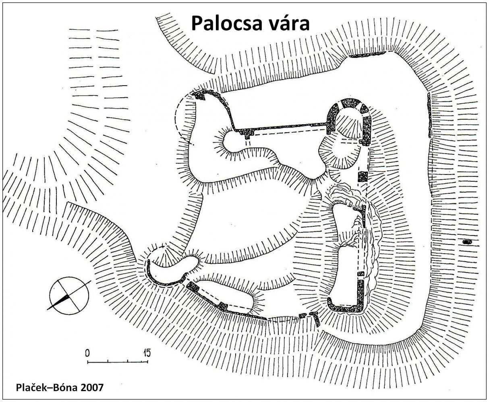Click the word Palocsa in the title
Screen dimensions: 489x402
[x=226, y=23]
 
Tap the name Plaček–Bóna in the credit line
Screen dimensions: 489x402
[x=47, y=388]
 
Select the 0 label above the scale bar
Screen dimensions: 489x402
[x=87, y=353]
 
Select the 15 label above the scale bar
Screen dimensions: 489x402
[x=147, y=353]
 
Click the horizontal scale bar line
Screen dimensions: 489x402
[x=118, y=362]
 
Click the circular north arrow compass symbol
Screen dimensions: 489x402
[x=69, y=295]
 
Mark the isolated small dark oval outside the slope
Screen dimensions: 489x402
[x=467, y=242]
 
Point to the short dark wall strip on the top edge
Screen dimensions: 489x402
[x=367, y=55]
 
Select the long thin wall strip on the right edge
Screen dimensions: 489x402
[x=429, y=115]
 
